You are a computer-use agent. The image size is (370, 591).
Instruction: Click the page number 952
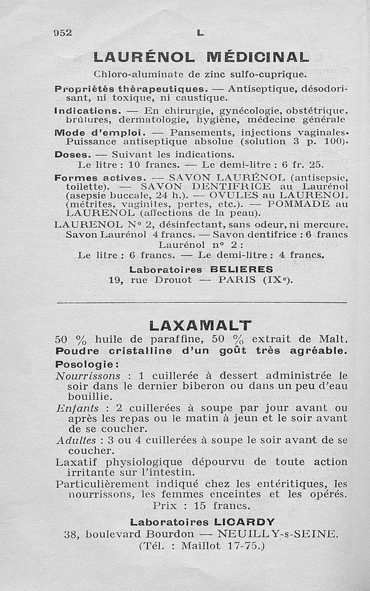63,32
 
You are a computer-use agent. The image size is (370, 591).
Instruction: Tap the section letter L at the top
200,33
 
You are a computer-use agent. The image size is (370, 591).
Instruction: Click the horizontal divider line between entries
201,302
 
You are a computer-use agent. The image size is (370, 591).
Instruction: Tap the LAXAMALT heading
201,325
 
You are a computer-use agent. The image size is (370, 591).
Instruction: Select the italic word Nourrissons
88,376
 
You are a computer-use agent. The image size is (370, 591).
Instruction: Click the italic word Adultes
76,440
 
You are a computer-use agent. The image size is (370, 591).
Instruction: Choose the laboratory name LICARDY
245,522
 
